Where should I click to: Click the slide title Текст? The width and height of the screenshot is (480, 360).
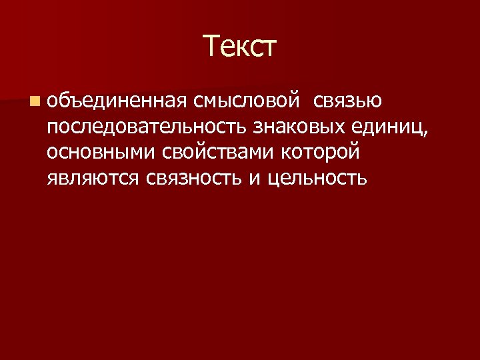[x=239, y=47]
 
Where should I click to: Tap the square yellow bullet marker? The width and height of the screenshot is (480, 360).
[x=34, y=101]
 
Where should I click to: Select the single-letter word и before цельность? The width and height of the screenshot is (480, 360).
[x=256, y=179]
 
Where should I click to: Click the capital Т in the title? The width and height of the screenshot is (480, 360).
[x=213, y=47]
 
